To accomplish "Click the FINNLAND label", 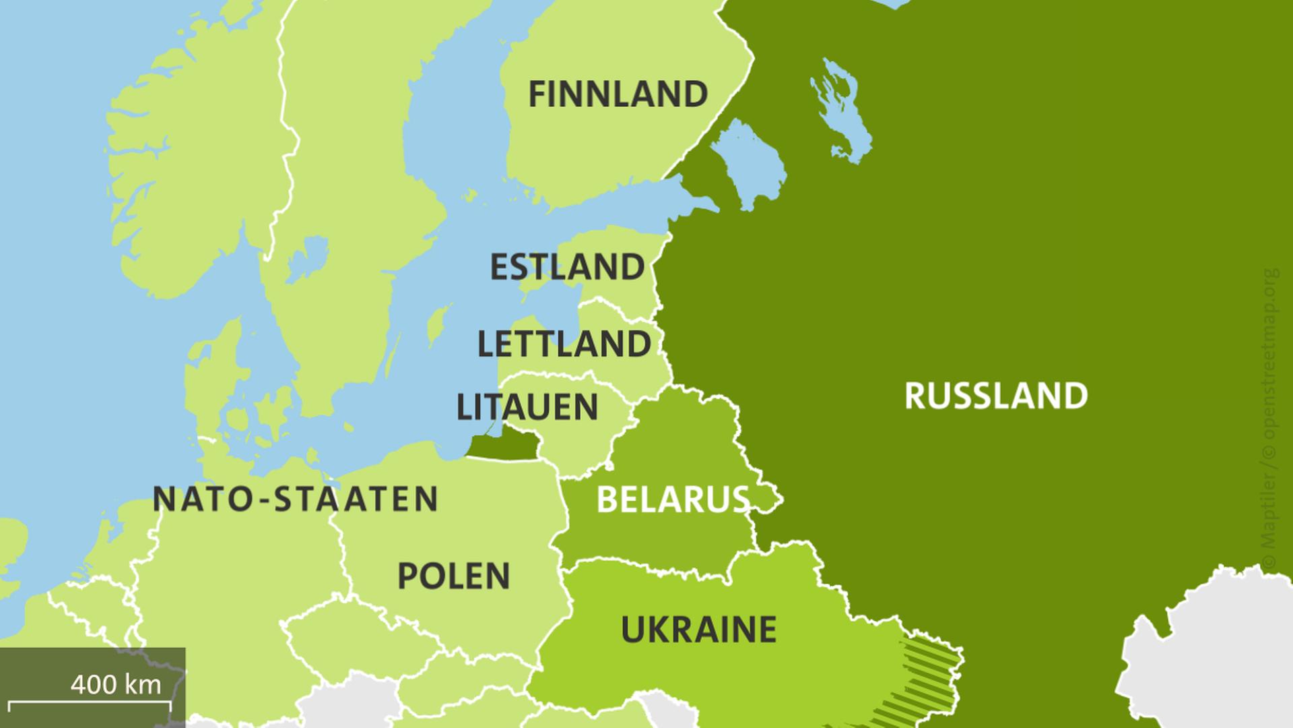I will pos(618,94).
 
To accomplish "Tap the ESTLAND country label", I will pos(567,268).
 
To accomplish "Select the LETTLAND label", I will pos(564,344).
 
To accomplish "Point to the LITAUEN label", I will pos(527,407).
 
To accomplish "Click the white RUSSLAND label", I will pos(996,396).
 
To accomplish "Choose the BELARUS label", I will pos(673,500).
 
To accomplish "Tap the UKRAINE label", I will pos(698,630).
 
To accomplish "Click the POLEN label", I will pos(454,576).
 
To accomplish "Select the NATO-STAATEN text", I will pos(295,499).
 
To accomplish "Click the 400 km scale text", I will pos(116,685).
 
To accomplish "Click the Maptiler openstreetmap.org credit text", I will pos(1269,418).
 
